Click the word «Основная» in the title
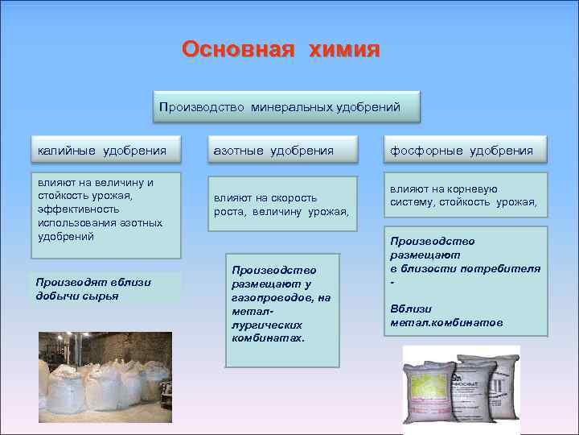click(x=235, y=50)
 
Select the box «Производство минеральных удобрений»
click(x=287, y=106)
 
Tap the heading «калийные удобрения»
click(x=102, y=151)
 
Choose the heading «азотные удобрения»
click(x=273, y=151)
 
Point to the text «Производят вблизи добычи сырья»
click(x=93, y=288)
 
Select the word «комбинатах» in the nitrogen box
click(x=268, y=338)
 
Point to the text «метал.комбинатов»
click(x=446, y=322)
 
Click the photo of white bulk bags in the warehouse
click(x=105, y=378)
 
